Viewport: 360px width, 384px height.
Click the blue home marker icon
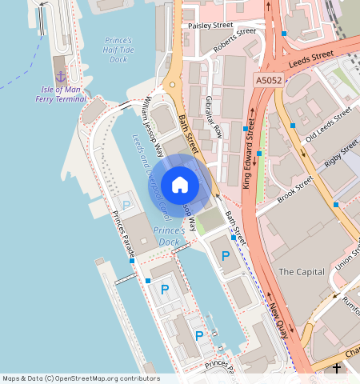180,185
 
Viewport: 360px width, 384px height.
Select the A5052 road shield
270,81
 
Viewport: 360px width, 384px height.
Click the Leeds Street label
310,58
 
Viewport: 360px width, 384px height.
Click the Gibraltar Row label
214,120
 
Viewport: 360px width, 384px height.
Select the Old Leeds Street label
328,124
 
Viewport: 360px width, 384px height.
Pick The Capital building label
301,272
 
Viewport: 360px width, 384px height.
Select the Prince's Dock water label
169,236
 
